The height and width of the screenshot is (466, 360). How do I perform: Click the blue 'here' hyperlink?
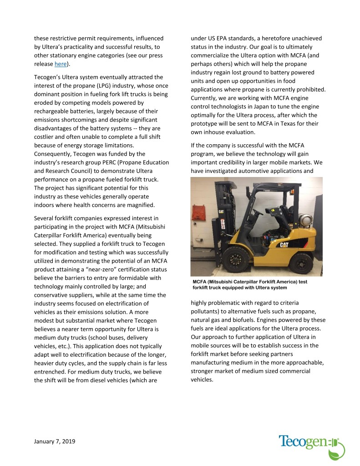coord(61,64)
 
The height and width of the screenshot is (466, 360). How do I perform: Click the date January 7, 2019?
coord(55,441)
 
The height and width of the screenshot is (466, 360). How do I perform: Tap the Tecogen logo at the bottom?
coord(311,443)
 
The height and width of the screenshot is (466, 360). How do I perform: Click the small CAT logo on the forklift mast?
coord(221,211)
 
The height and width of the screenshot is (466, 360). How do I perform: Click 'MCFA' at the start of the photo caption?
coord(201,281)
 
